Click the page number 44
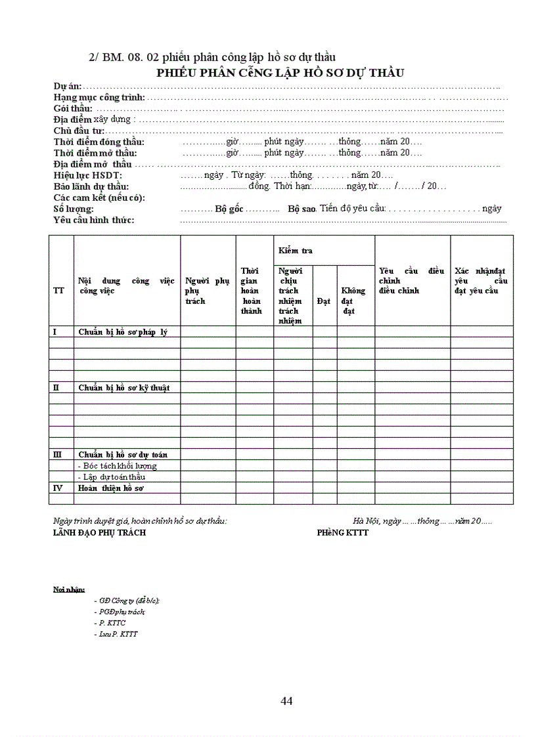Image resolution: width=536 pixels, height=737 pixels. pos(286,701)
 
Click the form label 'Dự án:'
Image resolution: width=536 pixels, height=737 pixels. pos(67,87)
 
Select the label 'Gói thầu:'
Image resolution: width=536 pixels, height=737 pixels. pos(73,108)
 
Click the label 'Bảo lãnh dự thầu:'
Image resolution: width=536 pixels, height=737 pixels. pos(91,186)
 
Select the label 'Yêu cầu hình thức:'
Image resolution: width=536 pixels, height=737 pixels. pos(94,220)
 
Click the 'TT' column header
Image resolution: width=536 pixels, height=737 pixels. pos(58,291)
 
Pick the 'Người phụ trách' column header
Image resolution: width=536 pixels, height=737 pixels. pos(207,291)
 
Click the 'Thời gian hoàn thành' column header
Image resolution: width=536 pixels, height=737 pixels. pos(251,291)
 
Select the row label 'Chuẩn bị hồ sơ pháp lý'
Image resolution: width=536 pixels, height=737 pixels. pos(123,332)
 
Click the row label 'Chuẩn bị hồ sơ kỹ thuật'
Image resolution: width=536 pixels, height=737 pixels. pos(124,388)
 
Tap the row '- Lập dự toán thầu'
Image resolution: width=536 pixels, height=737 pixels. pos(111,477)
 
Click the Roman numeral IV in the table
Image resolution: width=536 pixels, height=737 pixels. pos(57,488)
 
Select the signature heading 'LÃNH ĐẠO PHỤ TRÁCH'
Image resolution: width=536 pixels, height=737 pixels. pos(100,533)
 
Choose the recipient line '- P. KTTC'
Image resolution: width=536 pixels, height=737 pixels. pos(110,623)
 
